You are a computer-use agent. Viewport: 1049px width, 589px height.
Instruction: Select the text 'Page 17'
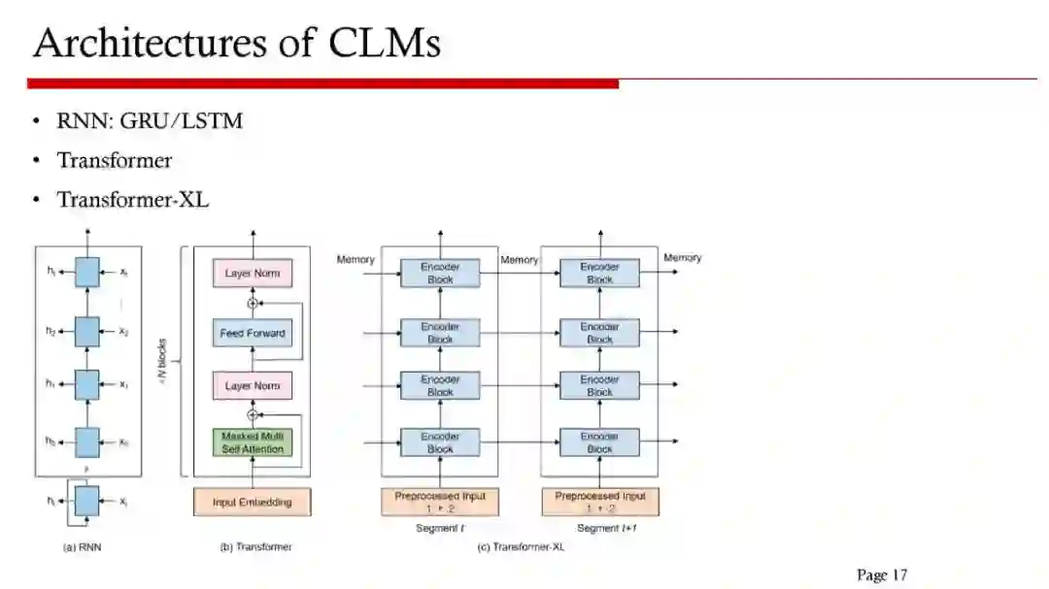[881, 574]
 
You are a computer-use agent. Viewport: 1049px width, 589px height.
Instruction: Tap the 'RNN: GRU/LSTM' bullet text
[150, 121]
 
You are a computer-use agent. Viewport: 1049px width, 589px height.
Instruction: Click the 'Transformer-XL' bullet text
[133, 200]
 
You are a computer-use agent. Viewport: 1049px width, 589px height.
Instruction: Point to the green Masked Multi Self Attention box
[253, 443]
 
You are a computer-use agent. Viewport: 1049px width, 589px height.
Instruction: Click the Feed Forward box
[253, 334]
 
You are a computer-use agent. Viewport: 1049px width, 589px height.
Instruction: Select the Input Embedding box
[252, 502]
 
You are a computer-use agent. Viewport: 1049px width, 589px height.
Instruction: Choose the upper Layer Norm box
[253, 274]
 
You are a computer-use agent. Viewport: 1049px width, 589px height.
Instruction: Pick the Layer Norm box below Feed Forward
[253, 386]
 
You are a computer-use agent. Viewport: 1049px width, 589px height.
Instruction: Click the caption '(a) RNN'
[82, 547]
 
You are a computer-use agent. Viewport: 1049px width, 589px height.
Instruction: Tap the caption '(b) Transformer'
[255, 547]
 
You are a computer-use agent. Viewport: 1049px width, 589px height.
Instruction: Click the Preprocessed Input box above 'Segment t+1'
[599, 502]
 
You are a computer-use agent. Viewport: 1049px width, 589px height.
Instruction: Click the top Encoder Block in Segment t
[440, 273]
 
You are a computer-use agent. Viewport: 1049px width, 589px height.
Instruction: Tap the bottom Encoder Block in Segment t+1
[599, 442]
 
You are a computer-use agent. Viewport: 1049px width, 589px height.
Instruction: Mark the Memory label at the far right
[682, 258]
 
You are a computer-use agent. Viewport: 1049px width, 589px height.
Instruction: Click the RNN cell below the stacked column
[87, 502]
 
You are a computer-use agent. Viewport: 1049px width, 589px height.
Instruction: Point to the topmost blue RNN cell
[87, 273]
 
